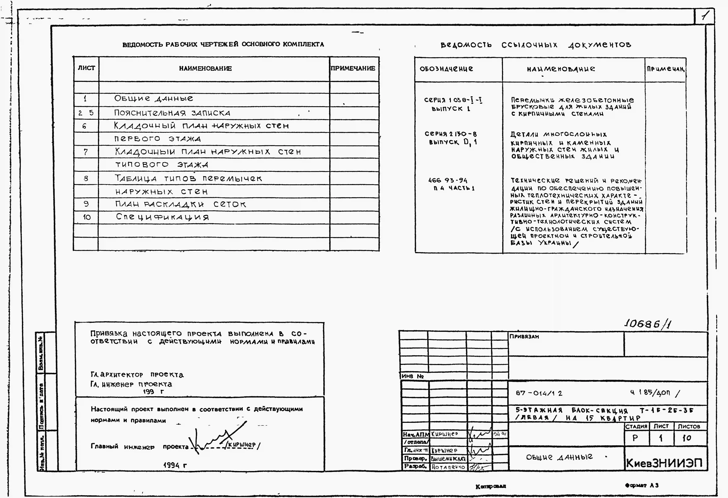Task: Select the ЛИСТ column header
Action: [x=86, y=68]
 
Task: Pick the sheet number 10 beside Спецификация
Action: [x=87, y=217]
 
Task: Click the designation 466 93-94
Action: [x=448, y=180]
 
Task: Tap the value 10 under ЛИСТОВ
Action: [x=687, y=438]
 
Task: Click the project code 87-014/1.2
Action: [x=539, y=393]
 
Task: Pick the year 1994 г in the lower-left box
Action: [x=175, y=465]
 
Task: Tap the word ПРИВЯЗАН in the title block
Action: [x=524, y=336]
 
